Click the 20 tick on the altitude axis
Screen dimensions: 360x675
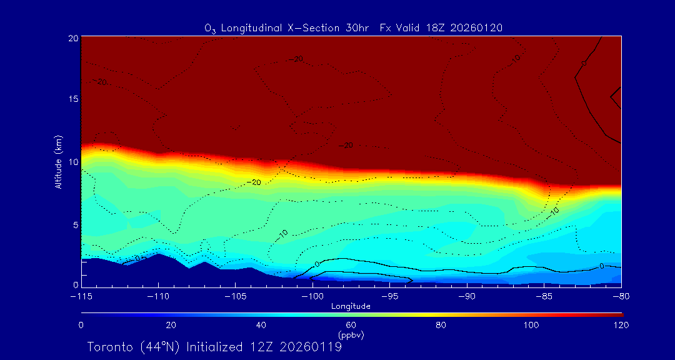point(73,38)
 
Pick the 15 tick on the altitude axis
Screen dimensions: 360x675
point(73,99)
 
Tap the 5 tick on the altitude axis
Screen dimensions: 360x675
point(75,224)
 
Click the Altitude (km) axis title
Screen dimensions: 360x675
point(58,162)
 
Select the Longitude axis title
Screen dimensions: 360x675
point(351,306)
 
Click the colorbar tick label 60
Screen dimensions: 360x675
point(351,325)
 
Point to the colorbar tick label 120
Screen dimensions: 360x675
point(621,325)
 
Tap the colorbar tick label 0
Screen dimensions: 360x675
point(81,325)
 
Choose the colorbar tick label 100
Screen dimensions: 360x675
point(531,325)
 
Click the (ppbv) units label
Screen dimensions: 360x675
point(351,335)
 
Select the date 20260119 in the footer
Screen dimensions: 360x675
point(311,347)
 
